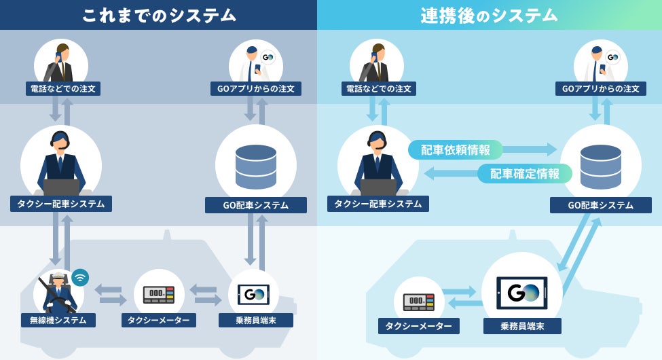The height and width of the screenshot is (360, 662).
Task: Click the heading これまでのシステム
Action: (159, 15)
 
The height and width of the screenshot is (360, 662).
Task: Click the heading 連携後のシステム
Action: (489, 15)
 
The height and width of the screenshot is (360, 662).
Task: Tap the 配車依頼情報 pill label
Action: (455, 149)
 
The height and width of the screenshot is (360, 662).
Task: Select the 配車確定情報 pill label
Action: (525, 173)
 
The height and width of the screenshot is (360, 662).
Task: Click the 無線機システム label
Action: (58, 319)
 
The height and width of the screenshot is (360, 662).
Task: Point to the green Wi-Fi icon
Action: (80, 276)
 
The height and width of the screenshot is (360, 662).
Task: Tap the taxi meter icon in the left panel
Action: (159, 293)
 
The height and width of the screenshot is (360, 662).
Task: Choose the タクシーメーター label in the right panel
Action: (418, 326)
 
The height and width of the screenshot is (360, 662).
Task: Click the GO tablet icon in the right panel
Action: (521, 293)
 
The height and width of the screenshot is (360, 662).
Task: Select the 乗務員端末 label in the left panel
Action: (256, 319)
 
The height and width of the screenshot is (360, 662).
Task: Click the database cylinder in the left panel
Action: (256, 166)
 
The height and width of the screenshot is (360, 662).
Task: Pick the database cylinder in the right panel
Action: (600, 166)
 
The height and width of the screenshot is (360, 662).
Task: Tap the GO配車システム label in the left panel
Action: (256, 205)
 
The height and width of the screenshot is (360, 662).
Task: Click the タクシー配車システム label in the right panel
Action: (378, 204)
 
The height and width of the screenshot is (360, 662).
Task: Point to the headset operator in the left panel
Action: (61, 163)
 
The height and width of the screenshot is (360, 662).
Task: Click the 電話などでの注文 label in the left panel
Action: (65, 88)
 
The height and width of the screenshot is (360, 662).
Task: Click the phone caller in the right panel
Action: (376, 62)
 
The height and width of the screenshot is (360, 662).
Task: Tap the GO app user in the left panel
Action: (255, 63)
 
